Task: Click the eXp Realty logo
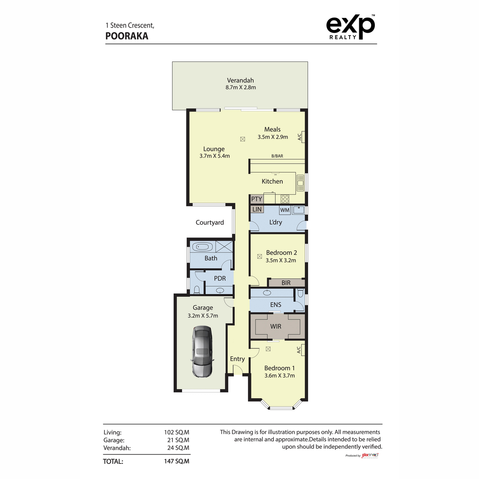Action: (350, 27)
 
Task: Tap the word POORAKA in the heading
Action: (127, 36)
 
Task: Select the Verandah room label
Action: (240, 80)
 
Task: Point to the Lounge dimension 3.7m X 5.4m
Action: (215, 156)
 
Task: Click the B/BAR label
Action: (277, 156)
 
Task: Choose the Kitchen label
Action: (272, 181)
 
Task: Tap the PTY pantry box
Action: (257, 199)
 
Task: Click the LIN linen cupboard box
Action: (257, 209)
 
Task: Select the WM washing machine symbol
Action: (285, 210)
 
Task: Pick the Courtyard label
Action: (210, 222)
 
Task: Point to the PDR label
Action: (220, 278)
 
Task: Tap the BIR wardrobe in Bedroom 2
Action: (286, 283)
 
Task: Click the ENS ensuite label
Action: (276, 305)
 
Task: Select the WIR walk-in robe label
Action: (276, 326)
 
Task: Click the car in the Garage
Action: (202, 351)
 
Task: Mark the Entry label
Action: (238, 359)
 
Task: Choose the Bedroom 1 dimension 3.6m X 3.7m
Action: (279, 376)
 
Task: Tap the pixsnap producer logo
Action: (370, 455)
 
